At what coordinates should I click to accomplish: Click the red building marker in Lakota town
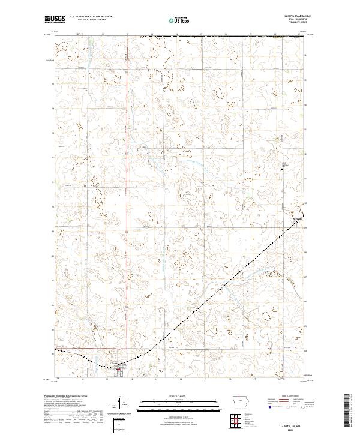click(118, 369)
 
